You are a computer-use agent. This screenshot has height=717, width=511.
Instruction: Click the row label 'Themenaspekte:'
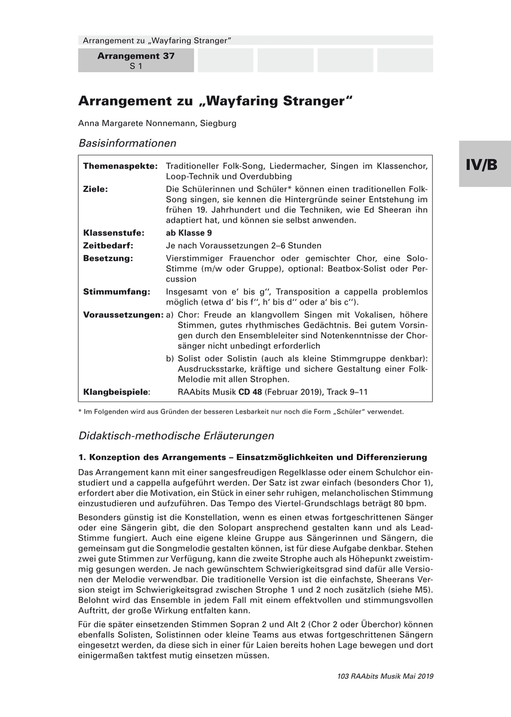120,165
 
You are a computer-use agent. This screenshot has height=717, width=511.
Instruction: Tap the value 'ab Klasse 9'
189,233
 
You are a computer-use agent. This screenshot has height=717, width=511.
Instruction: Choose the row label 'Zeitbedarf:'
108,245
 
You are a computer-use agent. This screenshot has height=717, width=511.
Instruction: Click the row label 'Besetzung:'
108,258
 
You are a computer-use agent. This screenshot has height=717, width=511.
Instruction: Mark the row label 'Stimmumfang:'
113,292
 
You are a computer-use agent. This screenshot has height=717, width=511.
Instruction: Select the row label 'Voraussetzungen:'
123,314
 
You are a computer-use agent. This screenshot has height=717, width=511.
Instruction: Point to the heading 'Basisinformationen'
127,143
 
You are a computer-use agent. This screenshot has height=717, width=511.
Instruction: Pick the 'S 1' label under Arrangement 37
136,66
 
